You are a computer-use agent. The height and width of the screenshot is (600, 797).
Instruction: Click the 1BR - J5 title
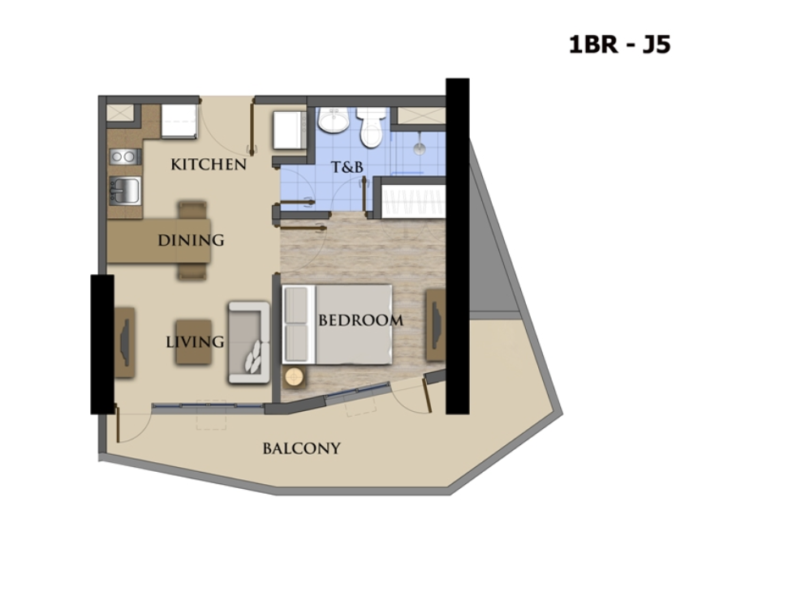619,45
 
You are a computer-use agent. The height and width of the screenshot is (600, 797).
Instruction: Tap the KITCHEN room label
209,165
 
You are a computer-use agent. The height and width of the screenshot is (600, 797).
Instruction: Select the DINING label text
191,240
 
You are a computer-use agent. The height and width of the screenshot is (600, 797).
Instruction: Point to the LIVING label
195,341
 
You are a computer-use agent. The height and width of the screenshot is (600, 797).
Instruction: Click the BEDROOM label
361,320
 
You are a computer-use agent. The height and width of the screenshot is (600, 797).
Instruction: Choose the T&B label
347,166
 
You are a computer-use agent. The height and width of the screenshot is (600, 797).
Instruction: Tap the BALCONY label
301,448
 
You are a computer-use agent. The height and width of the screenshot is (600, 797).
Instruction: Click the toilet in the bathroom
369,127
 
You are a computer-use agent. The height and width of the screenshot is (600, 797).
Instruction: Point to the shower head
420,148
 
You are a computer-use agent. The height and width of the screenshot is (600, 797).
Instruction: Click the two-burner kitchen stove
125,156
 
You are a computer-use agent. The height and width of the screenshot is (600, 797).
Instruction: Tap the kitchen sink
124,191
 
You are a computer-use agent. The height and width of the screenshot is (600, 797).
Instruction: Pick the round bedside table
294,377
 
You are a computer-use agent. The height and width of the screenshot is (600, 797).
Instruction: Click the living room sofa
249,342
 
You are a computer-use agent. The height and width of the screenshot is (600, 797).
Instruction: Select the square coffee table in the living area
194,341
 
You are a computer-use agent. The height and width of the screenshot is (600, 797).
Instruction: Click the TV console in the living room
124,342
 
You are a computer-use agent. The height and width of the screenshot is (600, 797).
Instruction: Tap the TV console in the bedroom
436,325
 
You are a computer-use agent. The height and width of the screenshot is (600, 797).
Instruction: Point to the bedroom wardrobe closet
413,202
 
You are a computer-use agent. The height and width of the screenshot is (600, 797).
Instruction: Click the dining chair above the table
192,210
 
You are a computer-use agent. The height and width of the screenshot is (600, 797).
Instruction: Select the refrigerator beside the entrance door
179,122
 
